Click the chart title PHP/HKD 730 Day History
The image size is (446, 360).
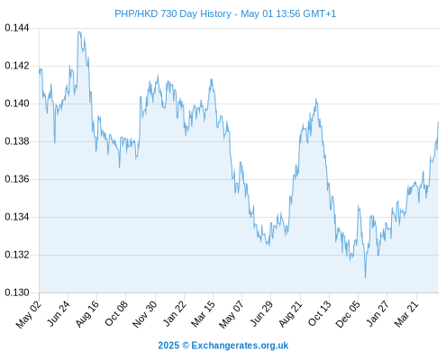pyautogui.click(x=173, y=14)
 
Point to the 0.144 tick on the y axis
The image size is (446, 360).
pyautogui.click(x=17, y=28)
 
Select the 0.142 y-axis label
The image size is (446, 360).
pyautogui.click(x=17, y=66)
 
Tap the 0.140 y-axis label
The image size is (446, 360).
pyautogui.click(x=17, y=103)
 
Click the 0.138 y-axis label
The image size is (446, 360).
pyautogui.click(x=17, y=141)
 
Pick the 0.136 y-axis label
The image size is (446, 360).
pyautogui.click(x=17, y=179)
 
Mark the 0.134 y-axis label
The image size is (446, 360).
pyautogui.click(x=17, y=217)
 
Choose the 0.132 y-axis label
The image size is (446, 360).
pyautogui.click(x=17, y=255)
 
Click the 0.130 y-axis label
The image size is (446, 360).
pyautogui.click(x=17, y=292)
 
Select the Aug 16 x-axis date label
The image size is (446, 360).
pyautogui.click(x=87, y=314)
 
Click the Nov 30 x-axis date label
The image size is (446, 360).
pyautogui.click(x=145, y=314)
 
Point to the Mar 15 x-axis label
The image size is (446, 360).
pyautogui.click(x=204, y=314)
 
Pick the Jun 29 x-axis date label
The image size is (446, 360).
pyautogui.click(x=261, y=314)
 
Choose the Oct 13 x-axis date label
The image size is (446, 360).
pyautogui.click(x=320, y=314)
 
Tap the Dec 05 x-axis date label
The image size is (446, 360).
pyautogui.click(x=348, y=314)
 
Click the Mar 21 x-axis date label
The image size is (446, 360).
pyautogui.click(x=406, y=314)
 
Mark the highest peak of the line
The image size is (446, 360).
pyautogui.click(x=79, y=31)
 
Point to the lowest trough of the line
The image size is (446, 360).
pyautogui.click(x=365, y=278)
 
